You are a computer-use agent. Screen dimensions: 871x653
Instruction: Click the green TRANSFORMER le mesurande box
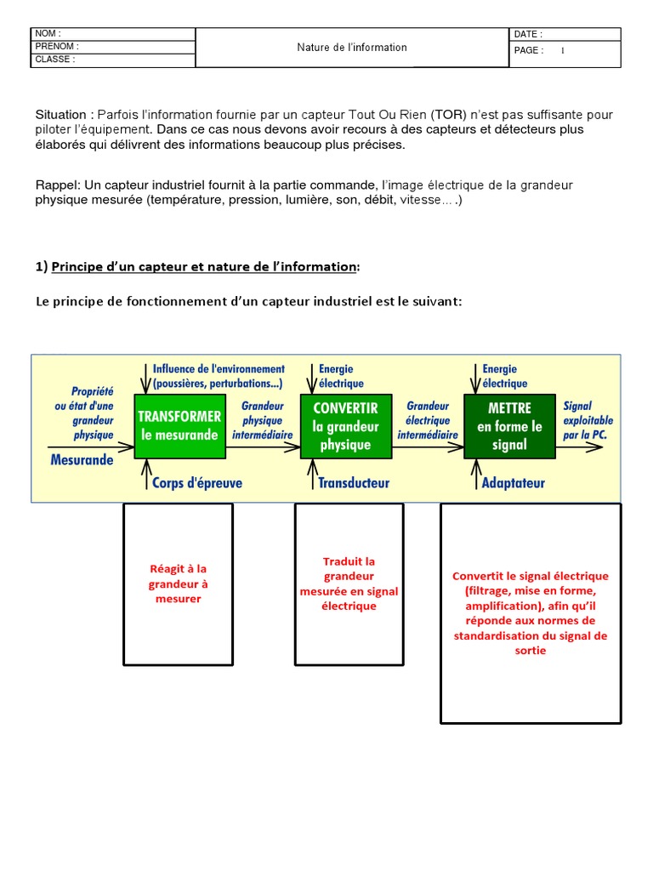(179, 426)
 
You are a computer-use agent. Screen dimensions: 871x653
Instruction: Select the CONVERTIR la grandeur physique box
(346, 426)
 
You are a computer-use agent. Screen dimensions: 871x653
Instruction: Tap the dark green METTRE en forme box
(509, 426)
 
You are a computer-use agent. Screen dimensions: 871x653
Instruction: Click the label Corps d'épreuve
(196, 483)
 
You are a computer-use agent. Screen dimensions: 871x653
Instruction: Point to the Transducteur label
(353, 483)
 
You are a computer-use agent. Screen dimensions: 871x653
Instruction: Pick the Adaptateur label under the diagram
(514, 483)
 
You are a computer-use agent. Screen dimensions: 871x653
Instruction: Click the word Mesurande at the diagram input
(82, 459)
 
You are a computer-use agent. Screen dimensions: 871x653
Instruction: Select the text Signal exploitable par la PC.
(588, 420)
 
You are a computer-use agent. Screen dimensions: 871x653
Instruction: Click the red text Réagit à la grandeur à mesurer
(178, 584)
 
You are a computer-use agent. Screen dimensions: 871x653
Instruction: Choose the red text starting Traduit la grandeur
(349, 584)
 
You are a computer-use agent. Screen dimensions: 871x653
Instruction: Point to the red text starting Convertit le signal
(531, 612)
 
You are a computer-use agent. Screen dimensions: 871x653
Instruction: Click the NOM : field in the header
(48, 33)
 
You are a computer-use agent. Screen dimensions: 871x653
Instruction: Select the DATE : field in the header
(528, 34)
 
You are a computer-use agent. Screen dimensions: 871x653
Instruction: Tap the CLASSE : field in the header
(55, 60)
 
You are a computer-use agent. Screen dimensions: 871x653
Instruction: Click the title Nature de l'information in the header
(352, 48)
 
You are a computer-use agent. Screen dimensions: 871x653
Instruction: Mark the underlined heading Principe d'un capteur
(204, 267)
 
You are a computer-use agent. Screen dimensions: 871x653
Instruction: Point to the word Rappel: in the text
(57, 185)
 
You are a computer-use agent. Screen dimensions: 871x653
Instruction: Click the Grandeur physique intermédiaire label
(263, 420)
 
